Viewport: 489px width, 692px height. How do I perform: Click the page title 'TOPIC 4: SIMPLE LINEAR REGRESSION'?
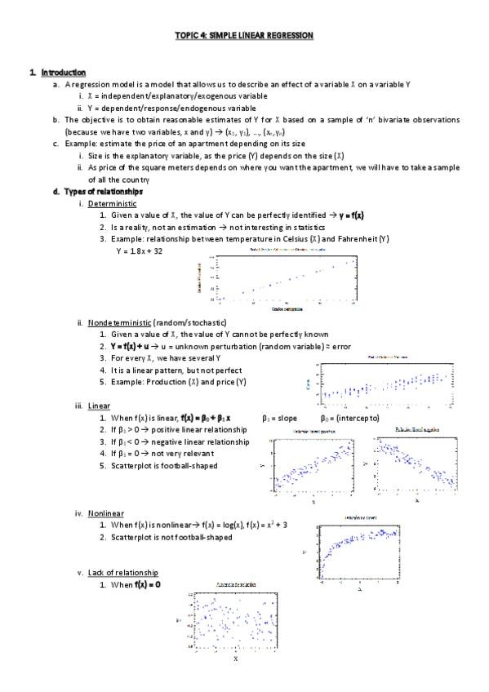point(244,36)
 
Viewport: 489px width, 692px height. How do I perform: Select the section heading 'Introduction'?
point(64,73)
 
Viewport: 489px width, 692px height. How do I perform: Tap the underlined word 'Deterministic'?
point(112,203)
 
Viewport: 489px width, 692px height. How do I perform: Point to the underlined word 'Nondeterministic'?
point(118,323)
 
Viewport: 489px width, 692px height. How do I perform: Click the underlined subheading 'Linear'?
point(99,406)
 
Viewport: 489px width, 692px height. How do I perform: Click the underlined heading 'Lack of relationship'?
point(122,573)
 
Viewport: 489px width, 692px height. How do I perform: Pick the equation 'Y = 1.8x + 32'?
point(139,251)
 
